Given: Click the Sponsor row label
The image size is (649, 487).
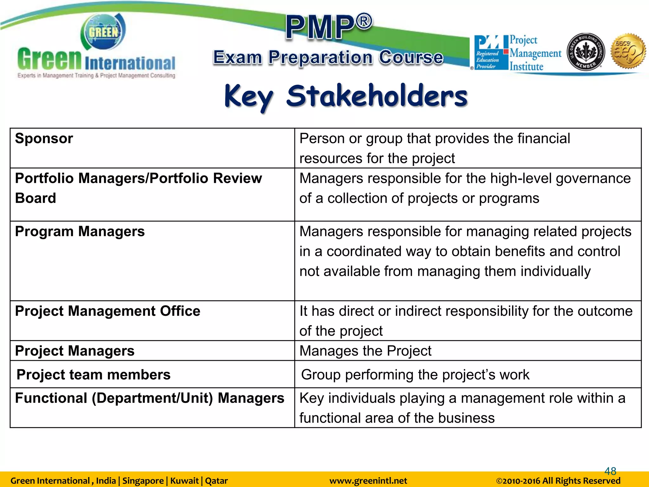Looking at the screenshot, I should [44, 139].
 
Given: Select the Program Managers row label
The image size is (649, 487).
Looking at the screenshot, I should [80, 231].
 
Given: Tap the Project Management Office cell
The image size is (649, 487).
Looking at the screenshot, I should [108, 311].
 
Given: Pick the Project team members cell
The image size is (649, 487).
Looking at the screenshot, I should [93, 375].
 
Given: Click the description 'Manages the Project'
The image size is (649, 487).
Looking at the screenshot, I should [365, 351].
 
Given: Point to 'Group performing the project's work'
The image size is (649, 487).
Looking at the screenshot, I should [415, 375].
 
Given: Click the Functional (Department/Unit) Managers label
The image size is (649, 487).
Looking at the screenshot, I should [150, 398].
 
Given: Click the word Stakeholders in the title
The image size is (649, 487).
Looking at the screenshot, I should [377, 96].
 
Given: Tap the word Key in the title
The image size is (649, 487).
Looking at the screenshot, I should [248, 97].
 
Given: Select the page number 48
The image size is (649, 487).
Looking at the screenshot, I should [610, 471].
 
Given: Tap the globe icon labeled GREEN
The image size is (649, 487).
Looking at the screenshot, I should [103, 32].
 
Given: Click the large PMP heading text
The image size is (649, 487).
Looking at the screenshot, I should [329, 27].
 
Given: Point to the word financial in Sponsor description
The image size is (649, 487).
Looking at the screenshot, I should [544, 139].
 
